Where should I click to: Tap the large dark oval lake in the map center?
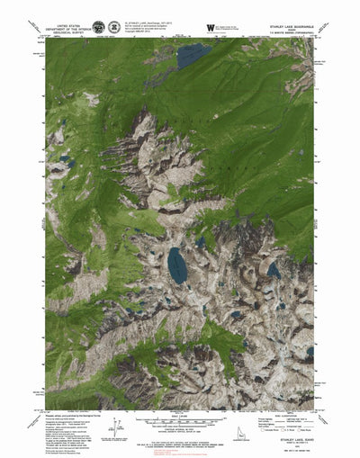pos(177,264)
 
